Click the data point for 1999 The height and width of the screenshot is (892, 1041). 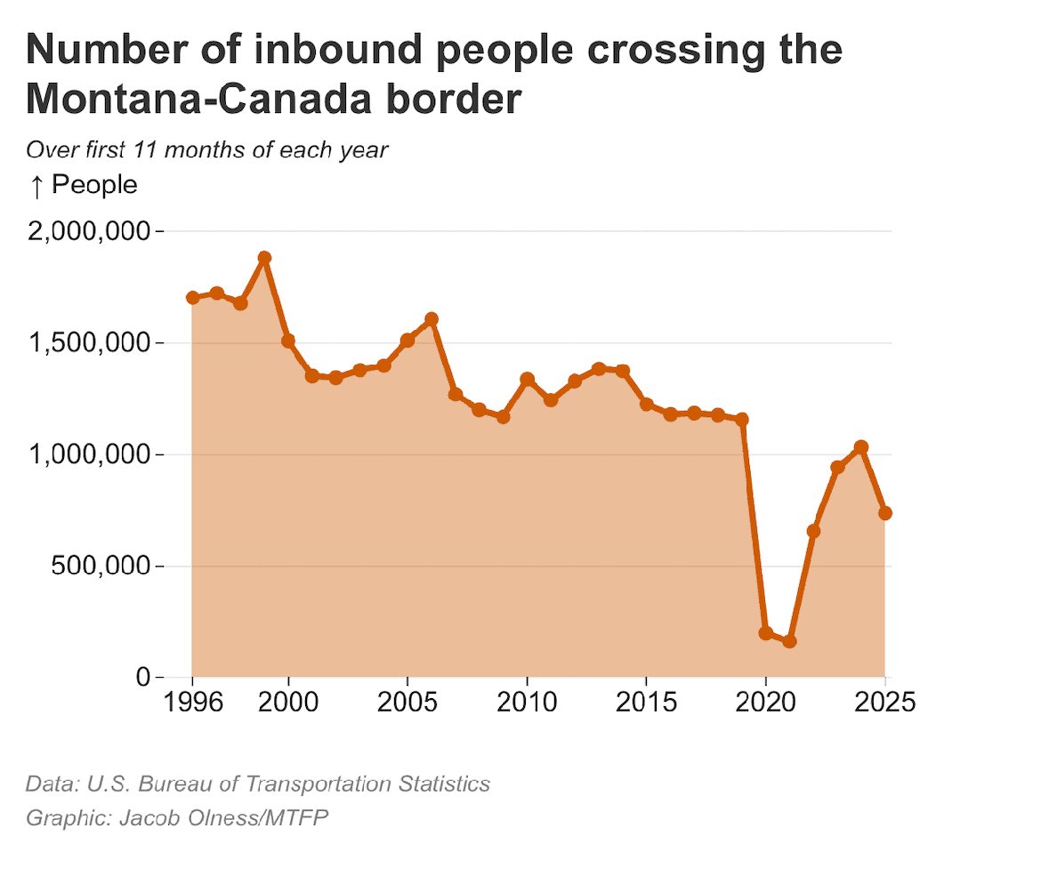(x=264, y=258)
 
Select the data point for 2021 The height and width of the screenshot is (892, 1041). (x=789, y=641)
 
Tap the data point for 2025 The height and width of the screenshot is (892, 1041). (x=884, y=513)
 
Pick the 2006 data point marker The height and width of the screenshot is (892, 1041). (x=432, y=318)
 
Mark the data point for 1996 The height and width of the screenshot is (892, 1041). (x=192, y=297)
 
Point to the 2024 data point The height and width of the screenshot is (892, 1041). (x=860, y=447)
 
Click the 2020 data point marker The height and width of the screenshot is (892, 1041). (x=765, y=633)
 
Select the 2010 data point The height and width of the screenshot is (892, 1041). (x=527, y=380)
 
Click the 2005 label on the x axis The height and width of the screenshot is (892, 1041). (x=407, y=702)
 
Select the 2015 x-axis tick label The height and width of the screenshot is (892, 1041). (x=646, y=702)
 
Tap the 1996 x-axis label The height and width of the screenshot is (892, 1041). (x=192, y=702)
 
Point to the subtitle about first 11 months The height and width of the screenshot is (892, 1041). (x=206, y=149)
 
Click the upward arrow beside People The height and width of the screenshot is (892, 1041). (x=36, y=185)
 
